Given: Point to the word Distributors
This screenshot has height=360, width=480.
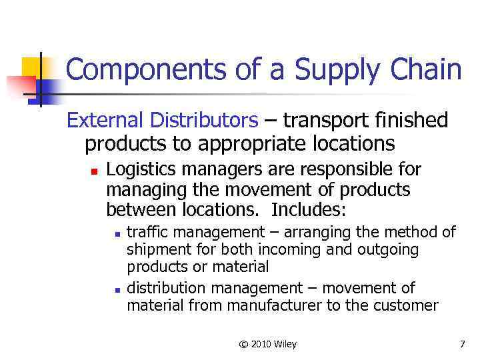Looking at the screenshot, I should (203, 121).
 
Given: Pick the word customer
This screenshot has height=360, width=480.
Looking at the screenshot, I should (407, 305).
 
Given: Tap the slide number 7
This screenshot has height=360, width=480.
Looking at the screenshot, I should (461, 344).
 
